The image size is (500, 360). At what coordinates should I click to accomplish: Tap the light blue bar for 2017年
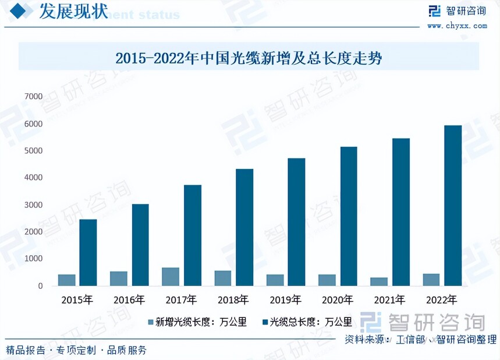[171, 277]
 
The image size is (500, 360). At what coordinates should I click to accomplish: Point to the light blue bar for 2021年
[379, 281]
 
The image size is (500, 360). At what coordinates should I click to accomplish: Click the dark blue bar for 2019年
[296, 222]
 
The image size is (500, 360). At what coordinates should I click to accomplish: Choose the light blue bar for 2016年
[119, 278]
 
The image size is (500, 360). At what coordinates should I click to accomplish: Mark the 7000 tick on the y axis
[33, 96]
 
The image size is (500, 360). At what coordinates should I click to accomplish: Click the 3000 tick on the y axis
[33, 205]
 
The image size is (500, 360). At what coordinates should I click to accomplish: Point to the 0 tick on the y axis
[40, 286]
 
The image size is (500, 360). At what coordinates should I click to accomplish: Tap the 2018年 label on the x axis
[233, 300]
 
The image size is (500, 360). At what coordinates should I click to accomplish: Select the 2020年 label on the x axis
[337, 300]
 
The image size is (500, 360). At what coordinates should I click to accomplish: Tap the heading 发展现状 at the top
[73, 12]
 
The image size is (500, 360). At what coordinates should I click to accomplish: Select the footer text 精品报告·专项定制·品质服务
[76, 350]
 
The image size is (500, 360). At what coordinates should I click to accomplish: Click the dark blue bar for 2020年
[348, 216]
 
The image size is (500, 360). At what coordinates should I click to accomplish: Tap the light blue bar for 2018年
[223, 278]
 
